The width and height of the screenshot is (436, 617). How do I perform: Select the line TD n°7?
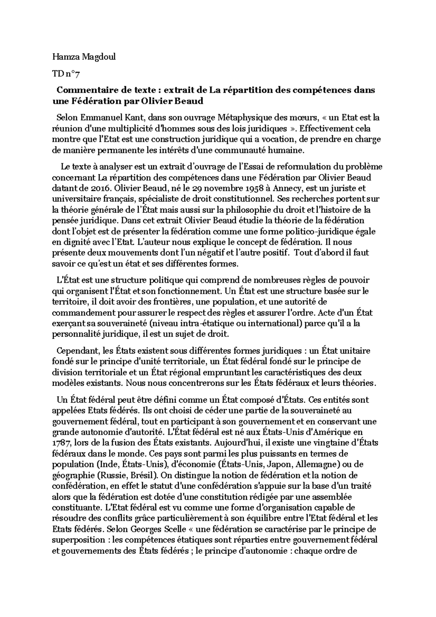[66, 74]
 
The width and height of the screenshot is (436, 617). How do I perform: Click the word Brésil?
[145, 475]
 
